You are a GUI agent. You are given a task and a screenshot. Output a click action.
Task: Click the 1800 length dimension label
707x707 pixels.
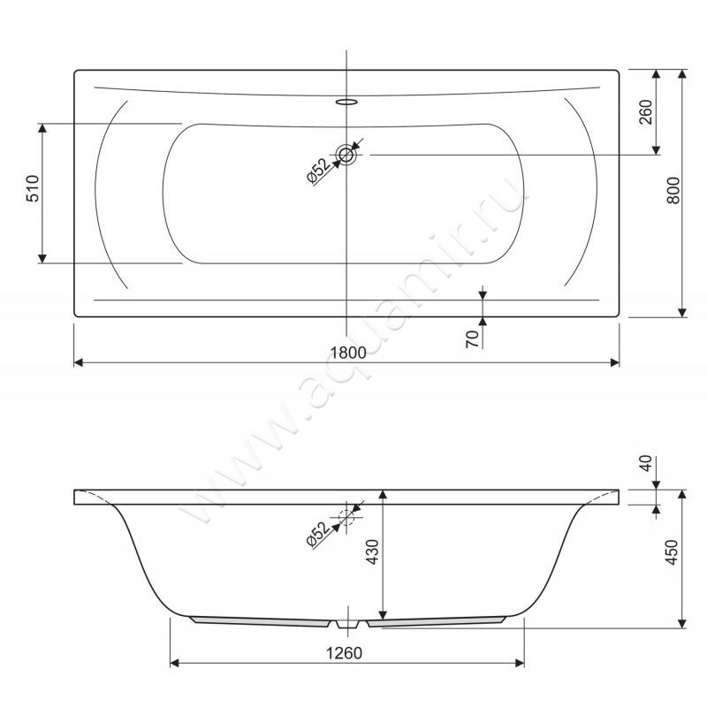(348, 352)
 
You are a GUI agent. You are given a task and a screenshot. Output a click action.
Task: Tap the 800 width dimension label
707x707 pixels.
(673, 190)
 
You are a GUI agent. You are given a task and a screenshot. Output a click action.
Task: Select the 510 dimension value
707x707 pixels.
(34, 188)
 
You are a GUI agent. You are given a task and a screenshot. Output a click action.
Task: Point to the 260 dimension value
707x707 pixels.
(646, 112)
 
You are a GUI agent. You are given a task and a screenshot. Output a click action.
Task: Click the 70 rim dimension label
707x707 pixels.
(472, 338)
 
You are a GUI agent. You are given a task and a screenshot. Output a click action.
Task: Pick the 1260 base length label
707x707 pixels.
(344, 653)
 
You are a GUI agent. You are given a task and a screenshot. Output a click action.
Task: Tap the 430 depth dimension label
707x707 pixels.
(372, 551)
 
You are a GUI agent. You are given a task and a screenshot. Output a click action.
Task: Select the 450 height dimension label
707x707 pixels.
(672, 551)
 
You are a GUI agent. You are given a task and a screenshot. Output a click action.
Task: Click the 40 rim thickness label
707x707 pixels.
(646, 463)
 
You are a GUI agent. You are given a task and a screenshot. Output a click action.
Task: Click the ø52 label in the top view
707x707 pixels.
(319, 171)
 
